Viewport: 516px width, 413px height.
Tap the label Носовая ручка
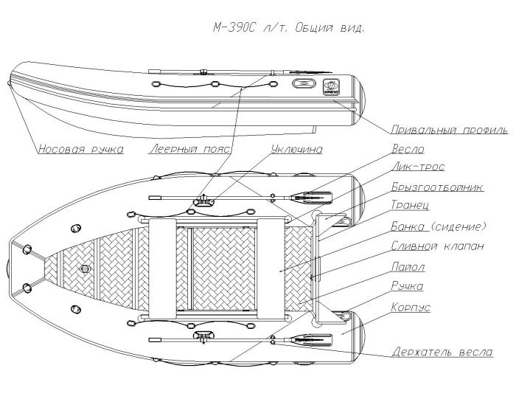point(81,149)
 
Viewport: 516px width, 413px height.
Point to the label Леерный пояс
point(189,149)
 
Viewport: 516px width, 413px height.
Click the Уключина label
point(296,149)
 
